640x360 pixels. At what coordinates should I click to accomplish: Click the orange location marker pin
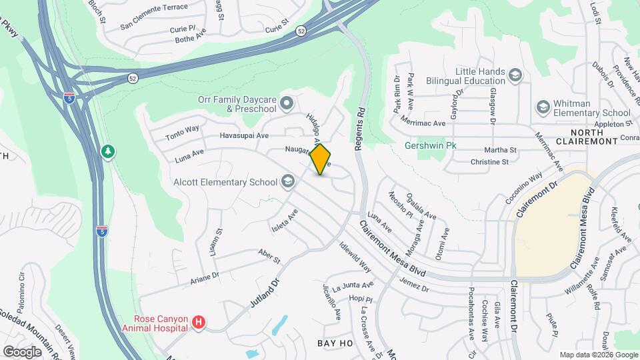(321, 159)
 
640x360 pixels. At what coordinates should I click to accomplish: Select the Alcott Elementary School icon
(288, 181)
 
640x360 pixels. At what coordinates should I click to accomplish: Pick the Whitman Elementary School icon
(543, 107)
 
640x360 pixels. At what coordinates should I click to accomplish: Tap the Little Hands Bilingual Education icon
(515, 75)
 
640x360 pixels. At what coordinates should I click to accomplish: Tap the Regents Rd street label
(360, 128)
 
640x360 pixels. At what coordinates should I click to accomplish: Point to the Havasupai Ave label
(244, 135)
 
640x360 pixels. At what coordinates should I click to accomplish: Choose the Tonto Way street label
(183, 129)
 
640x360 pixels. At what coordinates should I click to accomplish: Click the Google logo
(22, 351)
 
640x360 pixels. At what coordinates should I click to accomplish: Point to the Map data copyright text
(598, 355)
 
